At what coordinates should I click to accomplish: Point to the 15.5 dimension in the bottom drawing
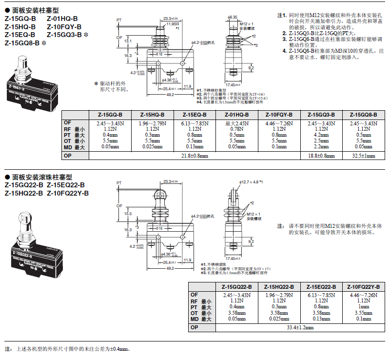[x=127, y=214]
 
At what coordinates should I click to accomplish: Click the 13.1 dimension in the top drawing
[x=127, y=41]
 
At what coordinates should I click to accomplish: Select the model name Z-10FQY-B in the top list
[x=64, y=27]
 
